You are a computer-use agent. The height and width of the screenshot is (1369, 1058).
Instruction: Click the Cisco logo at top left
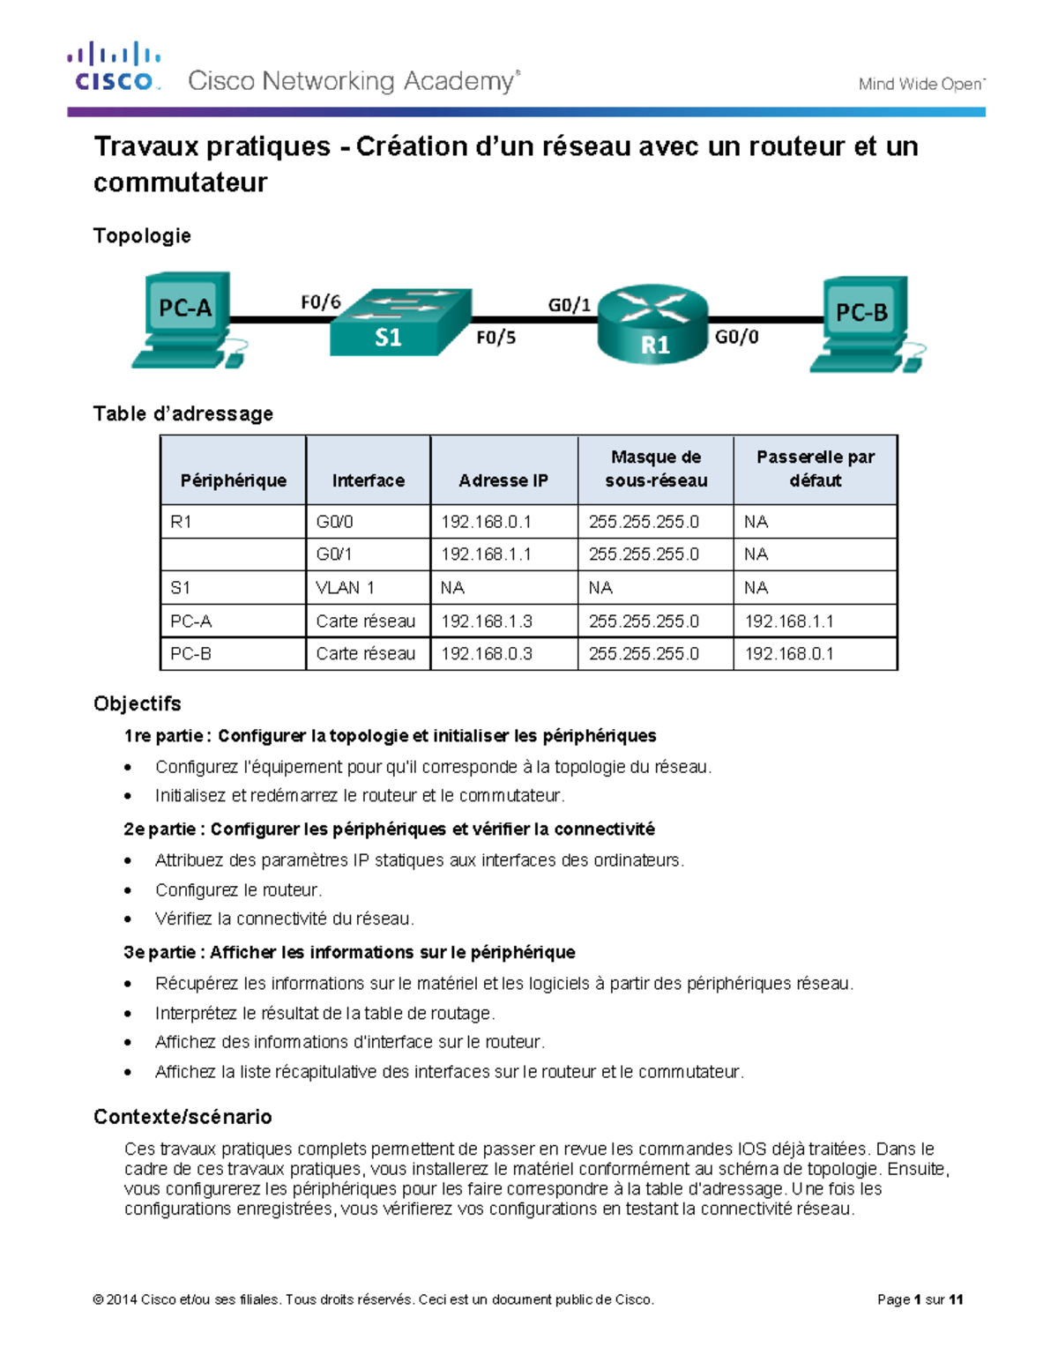tap(114, 67)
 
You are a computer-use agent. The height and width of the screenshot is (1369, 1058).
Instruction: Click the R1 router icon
tap(653, 324)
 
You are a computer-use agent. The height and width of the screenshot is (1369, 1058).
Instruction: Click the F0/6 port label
tap(320, 302)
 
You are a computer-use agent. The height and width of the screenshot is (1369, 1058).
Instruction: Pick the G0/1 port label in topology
tap(569, 305)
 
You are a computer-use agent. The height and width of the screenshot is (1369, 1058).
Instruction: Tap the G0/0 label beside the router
tap(736, 337)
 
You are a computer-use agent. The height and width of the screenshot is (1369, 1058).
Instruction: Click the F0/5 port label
tap(495, 338)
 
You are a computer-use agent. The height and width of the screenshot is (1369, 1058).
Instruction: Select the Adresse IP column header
tap(503, 480)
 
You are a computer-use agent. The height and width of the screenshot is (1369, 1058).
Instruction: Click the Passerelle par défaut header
tap(815, 469)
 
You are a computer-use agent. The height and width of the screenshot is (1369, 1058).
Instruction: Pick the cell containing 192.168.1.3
tap(487, 621)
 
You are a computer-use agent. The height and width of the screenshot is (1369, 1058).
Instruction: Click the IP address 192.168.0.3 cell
tap(487, 654)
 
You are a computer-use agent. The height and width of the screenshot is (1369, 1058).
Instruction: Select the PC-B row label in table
tap(190, 654)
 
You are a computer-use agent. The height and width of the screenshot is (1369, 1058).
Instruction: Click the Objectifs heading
tap(138, 703)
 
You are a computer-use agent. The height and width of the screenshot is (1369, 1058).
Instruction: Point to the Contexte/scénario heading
tap(183, 1117)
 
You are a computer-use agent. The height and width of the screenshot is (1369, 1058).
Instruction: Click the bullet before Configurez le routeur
tap(129, 890)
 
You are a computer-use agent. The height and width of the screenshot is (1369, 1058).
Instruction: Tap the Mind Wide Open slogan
tap(921, 84)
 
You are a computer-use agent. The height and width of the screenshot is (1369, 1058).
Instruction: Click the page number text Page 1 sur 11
tap(920, 1299)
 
